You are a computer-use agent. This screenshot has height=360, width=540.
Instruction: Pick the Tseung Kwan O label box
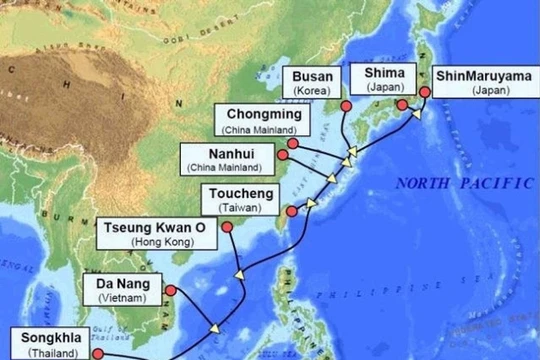158,234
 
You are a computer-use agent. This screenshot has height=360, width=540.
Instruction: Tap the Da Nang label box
122,289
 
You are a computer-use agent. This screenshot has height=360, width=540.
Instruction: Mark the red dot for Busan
344,105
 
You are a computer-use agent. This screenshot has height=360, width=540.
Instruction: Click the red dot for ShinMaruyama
424,91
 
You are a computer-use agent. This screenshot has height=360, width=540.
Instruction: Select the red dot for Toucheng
291,211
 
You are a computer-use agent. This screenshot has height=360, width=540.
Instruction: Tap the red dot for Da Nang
169,290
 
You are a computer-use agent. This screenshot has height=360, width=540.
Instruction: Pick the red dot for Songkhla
98,352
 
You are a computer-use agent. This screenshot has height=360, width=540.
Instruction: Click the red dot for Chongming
291,143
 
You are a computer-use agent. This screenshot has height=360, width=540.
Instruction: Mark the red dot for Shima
401,106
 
